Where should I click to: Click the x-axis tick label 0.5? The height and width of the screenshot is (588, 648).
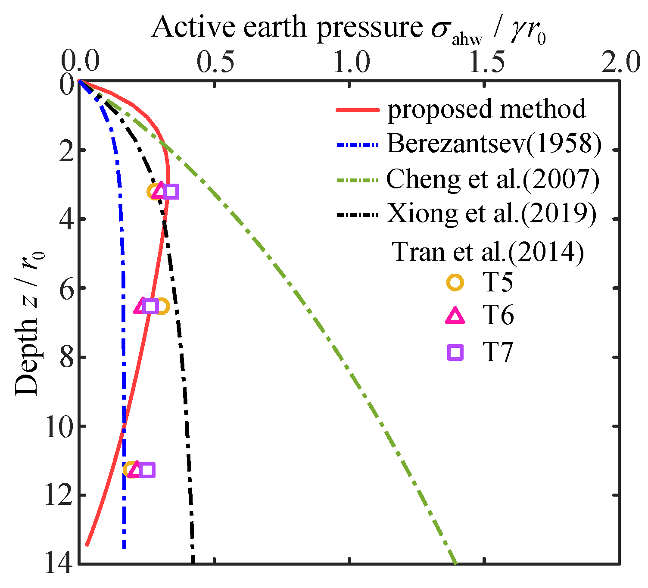(x=215, y=63)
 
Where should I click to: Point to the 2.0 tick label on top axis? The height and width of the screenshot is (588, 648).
(x=620, y=63)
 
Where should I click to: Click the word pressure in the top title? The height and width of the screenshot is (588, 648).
(x=371, y=28)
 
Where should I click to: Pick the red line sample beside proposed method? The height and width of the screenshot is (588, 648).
(x=357, y=110)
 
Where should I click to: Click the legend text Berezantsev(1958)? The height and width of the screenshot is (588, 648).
(x=494, y=144)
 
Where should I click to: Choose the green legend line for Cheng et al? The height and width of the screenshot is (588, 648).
(x=357, y=180)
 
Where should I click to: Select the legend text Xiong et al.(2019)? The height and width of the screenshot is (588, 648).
(x=491, y=213)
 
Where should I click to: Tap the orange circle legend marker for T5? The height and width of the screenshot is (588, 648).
(x=455, y=283)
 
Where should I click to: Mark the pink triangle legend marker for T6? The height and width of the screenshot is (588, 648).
(x=455, y=317)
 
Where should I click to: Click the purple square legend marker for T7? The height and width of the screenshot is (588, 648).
(x=455, y=353)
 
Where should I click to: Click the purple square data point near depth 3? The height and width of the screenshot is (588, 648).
(x=171, y=191)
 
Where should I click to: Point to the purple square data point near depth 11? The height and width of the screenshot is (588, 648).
(x=147, y=470)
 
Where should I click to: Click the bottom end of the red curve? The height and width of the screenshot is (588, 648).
(x=87, y=544)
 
